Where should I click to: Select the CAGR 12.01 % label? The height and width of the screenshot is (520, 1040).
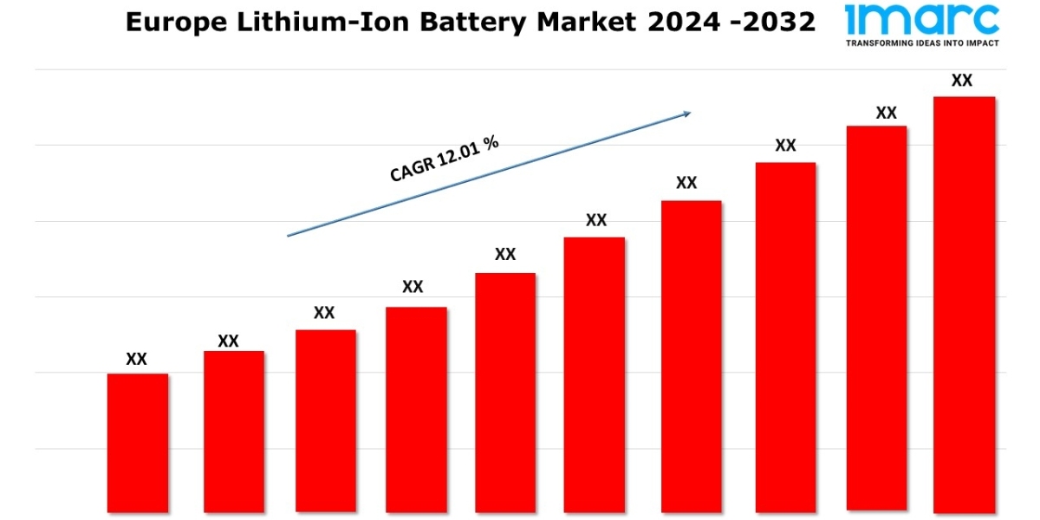(444, 159)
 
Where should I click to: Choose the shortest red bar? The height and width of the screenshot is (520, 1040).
(138, 442)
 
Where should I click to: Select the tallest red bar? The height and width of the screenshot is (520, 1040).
(964, 303)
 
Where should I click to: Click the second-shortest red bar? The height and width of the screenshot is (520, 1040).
(234, 431)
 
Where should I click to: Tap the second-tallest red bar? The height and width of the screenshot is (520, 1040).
(876, 318)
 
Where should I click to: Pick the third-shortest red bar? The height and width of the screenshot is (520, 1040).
(326, 420)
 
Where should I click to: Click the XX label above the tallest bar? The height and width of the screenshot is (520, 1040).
(962, 81)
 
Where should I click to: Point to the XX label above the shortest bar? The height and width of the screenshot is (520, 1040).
(137, 359)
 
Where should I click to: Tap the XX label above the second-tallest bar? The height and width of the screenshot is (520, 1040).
(886, 113)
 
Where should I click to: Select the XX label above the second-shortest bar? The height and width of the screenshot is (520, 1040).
(228, 341)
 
